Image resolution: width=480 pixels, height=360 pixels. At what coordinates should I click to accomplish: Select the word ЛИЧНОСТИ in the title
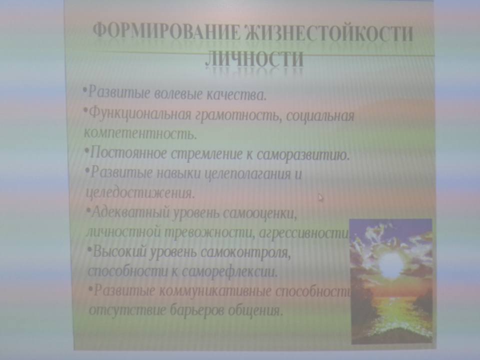pyautogui.click(x=254, y=58)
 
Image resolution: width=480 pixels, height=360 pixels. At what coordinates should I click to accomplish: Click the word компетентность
pyautogui.click(x=140, y=133)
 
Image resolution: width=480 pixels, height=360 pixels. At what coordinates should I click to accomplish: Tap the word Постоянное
pyautogui.click(x=128, y=153)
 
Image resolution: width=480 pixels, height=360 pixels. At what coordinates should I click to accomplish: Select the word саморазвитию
pyautogui.click(x=303, y=154)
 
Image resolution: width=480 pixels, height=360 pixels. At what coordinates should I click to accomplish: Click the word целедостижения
pyautogui.click(x=140, y=193)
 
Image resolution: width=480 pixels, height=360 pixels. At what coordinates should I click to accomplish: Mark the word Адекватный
pyautogui.click(x=130, y=212)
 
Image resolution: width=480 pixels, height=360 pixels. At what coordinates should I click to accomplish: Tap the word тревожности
pyautogui.click(x=210, y=233)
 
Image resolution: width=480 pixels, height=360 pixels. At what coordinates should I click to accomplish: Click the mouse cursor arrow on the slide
pyautogui.click(x=320, y=197)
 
